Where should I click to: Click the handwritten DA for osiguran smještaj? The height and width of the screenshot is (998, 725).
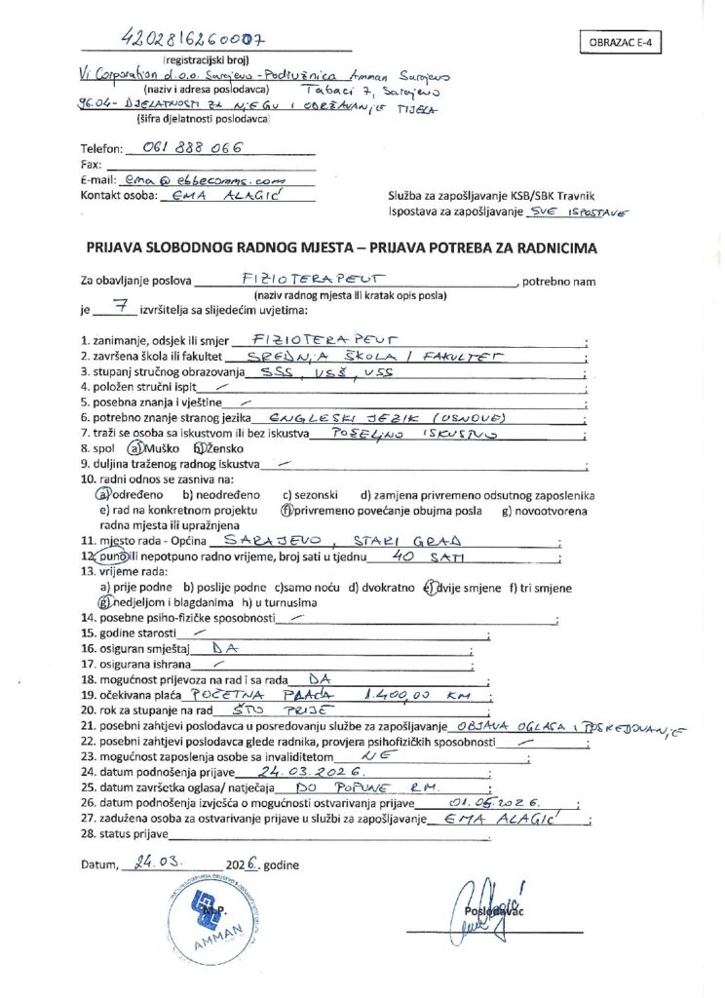(225, 645)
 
